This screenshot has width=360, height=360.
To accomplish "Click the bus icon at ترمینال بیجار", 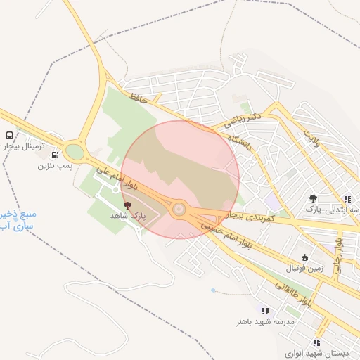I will [10, 135].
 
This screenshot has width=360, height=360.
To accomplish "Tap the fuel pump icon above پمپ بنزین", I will [55, 155].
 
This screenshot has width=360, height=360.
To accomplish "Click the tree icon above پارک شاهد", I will [127, 205].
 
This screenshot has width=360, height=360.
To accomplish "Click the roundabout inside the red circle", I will [179, 209].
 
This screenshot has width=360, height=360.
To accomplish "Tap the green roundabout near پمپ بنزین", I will [75, 152].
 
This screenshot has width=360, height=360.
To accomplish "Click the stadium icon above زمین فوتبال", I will [304, 257].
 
